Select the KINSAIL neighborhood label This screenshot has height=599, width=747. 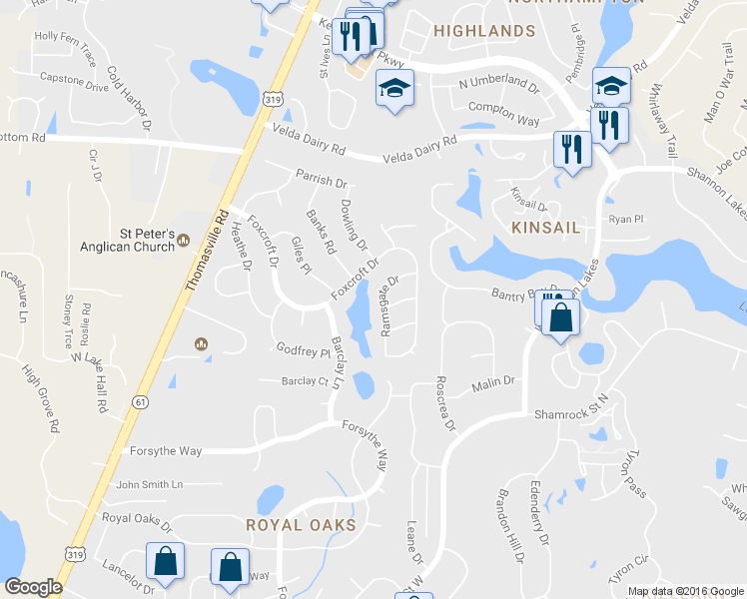tap(545, 228)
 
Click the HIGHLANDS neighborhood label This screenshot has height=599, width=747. tap(484, 32)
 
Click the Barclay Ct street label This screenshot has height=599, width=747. tap(305, 381)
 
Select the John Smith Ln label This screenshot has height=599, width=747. tap(150, 485)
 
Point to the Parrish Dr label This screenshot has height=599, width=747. tap(321, 183)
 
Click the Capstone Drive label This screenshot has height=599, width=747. tap(74, 83)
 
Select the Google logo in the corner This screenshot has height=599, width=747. tap(33, 587)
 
